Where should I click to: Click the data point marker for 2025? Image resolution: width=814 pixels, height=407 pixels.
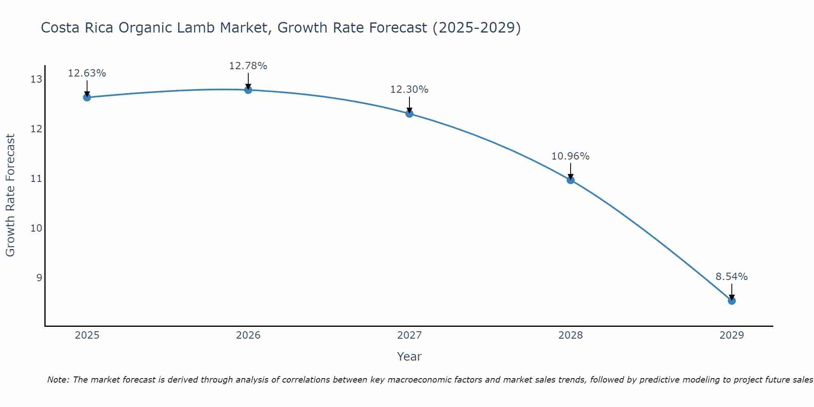pyautogui.click(x=87, y=97)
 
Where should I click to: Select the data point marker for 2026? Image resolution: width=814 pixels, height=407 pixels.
pyautogui.click(x=248, y=90)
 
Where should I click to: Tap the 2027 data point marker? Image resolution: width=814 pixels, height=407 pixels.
pyautogui.click(x=409, y=114)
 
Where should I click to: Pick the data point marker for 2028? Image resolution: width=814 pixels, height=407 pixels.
pyautogui.click(x=571, y=180)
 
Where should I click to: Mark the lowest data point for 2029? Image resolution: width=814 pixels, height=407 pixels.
pyautogui.click(x=732, y=301)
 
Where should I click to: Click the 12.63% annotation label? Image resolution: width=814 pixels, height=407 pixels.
pyautogui.click(x=87, y=73)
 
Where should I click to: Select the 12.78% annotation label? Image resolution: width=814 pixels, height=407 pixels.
pyautogui.click(x=248, y=66)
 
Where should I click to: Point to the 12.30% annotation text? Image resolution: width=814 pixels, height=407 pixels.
pyautogui.click(x=409, y=90)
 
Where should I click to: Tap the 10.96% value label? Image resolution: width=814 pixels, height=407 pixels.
pyautogui.click(x=571, y=156)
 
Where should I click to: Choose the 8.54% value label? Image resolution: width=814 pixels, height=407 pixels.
pyautogui.click(x=732, y=277)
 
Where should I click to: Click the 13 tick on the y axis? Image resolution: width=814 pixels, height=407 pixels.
pyautogui.click(x=36, y=79)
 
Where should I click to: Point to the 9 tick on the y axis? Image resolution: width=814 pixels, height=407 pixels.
pyautogui.click(x=39, y=278)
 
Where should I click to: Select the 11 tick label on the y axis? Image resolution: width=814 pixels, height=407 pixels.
pyautogui.click(x=36, y=179)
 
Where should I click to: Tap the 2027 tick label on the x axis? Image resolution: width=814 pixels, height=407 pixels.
pyautogui.click(x=409, y=335)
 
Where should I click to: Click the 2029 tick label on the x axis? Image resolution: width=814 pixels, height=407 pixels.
pyautogui.click(x=732, y=335)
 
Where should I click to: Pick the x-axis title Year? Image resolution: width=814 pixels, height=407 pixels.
pyautogui.click(x=409, y=357)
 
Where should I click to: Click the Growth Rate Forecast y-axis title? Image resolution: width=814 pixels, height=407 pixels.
pyautogui.click(x=11, y=195)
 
